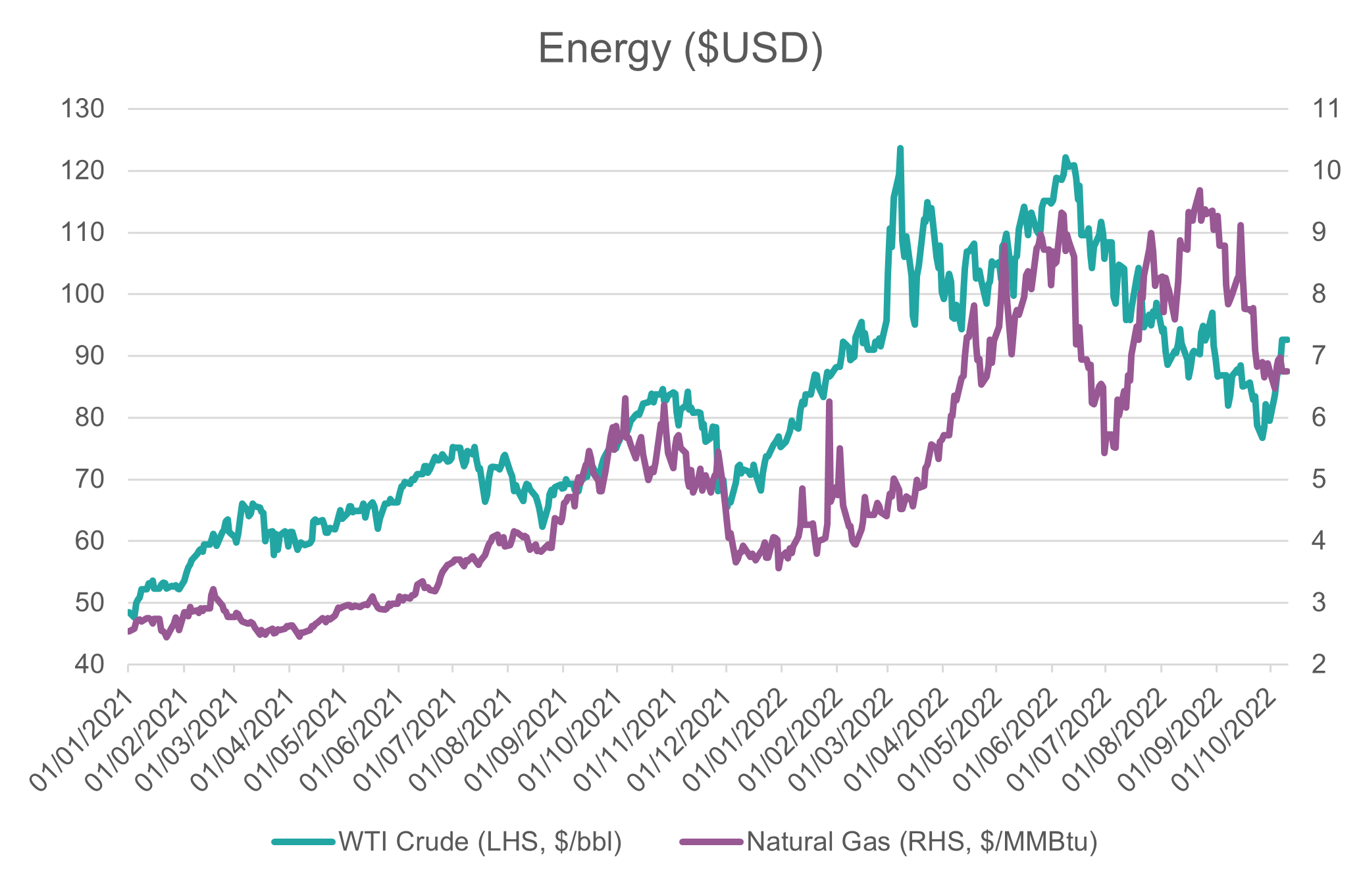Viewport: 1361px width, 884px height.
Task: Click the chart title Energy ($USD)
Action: [680, 49]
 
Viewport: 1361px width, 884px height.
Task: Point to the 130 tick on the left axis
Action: [82, 109]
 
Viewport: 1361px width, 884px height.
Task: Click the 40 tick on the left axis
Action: [90, 664]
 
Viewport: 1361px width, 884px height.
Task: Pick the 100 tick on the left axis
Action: [82, 294]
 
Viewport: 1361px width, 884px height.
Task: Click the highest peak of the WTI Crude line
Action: [900, 149]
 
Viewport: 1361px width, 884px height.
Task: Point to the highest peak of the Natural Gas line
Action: [1200, 190]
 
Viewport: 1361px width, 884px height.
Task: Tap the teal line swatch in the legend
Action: [303, 841]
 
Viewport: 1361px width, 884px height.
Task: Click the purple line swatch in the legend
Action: [711, 841]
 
